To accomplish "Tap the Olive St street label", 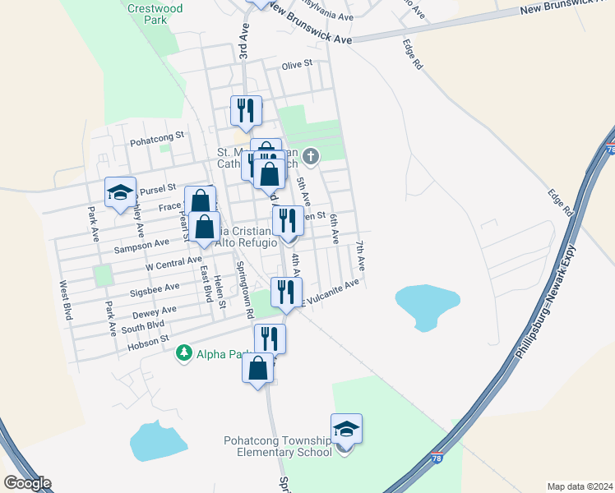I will click(x=298, y=63).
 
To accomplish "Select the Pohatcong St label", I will click(x=160, y=136).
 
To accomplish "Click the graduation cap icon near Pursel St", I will click(x=120, y=192).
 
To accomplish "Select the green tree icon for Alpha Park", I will click(x=183, y=354).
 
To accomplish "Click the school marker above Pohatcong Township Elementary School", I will click(x=346, y=428).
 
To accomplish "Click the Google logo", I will click(x=27, y=483).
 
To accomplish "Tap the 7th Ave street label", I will click(x=360, y=256).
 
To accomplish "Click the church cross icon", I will click(x=311, y=155).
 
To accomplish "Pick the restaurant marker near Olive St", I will click(x=245, y=110).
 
